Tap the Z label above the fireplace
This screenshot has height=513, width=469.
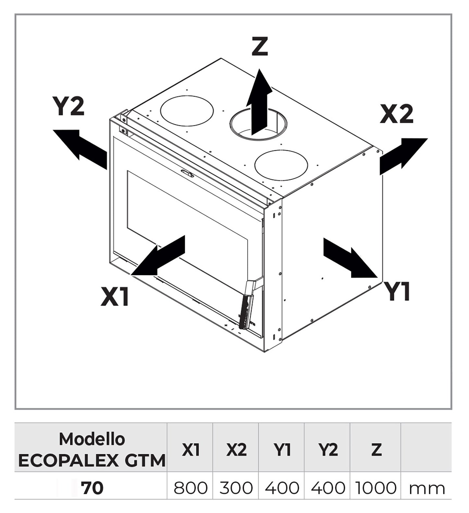(260, 46)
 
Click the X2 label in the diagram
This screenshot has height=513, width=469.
(397, 114)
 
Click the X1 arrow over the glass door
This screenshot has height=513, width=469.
(159, 256)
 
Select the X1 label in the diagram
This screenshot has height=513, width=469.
(115, 297)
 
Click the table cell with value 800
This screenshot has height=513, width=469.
(191, 488)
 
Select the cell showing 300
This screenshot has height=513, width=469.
(236, 488)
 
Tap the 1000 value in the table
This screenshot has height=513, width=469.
(376, 488)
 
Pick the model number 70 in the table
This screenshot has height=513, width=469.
(93, 488)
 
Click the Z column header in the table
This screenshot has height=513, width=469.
(376, 449)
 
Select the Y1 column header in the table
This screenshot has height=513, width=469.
(282, 449)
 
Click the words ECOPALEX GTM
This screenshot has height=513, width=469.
(92, 460)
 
